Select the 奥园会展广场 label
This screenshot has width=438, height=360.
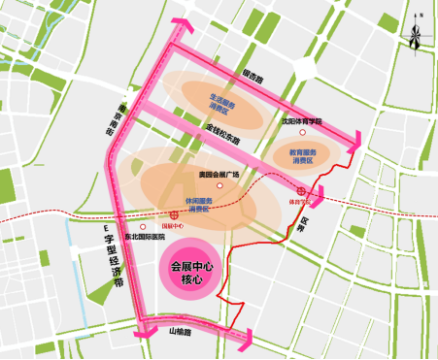(x=219, y=175)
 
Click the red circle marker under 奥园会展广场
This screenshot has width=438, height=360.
(x=220, y=185)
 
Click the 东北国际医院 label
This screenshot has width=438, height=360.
(x=146, y=236)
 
